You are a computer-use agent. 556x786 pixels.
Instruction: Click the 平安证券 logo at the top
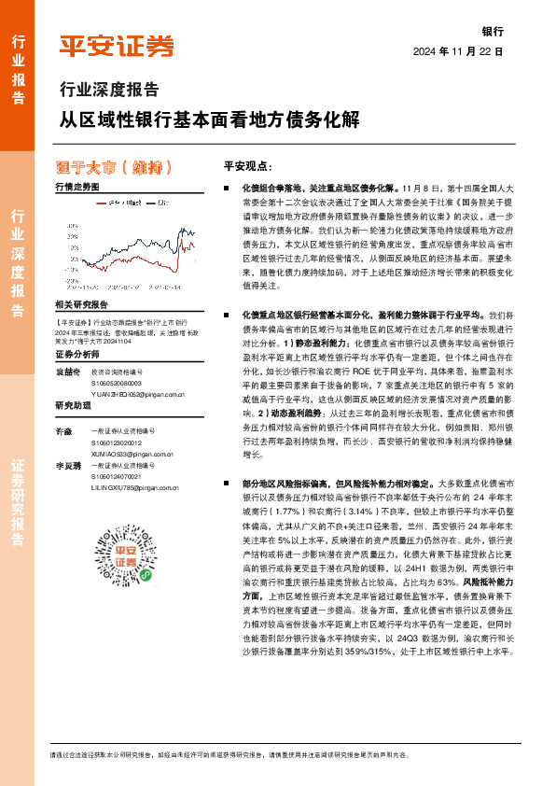click(117, 46)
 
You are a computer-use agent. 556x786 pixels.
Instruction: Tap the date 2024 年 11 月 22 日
click(458, 52)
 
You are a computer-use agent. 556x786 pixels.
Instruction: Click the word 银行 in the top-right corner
click(492, 30)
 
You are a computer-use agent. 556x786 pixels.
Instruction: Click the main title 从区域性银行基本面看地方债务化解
click(206, 121)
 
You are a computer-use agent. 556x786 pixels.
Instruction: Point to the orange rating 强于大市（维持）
click(114, 168)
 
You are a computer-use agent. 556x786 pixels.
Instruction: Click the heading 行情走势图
click(77, 188)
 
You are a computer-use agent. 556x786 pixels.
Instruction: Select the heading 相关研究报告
click(82, 305)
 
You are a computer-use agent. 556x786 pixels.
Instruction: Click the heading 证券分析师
click(76, 355)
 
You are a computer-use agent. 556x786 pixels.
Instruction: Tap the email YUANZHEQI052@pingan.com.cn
click(139, 393)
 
